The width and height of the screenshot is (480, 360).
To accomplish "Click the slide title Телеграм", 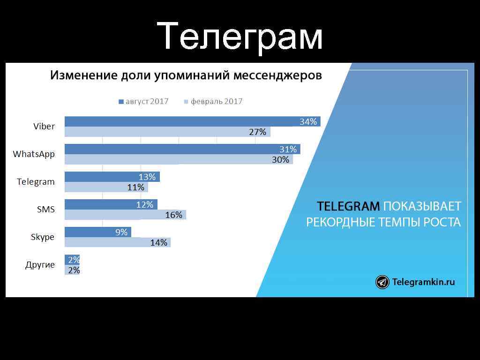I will [x=240, y=37].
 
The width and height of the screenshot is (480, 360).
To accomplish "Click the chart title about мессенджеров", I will [x=186, y=75].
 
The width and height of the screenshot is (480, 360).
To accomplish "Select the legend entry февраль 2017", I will [x=213, y=101].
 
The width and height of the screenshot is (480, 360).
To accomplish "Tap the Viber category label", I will [x=44, y=127].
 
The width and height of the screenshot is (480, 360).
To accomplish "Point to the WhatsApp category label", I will [x=34, y=154].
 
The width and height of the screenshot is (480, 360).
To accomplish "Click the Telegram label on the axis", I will [x=36, y=182].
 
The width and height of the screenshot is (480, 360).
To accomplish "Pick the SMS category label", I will [x=46, y=210].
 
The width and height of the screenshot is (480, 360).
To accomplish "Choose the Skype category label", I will [x=43, y=237].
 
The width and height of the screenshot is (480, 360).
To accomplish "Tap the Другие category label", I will [x=40, y=265].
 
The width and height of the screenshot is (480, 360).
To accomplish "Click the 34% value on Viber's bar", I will [x=308, y=122].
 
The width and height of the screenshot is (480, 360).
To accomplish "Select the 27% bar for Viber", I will [x=167, y=132].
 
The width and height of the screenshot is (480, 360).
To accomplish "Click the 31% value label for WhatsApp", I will [x=288, y=150].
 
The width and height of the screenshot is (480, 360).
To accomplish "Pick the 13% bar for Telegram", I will [x=112, y=177].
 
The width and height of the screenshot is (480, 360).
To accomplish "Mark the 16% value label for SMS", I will [x=173, y=215].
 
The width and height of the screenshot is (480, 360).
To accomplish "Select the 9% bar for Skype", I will [x=97, y=232].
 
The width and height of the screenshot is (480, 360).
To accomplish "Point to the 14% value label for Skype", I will [x=158, y=243].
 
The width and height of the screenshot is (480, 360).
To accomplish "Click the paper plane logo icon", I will [x=382, y=282].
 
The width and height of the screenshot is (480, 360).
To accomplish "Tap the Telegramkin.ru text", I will [x=423, y=282].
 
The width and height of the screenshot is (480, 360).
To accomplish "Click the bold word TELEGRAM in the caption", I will [x=348, y=207].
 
